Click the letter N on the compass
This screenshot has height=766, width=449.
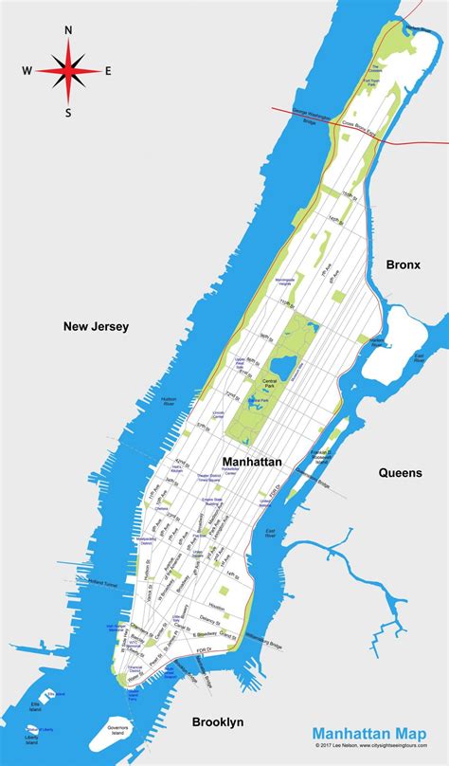pyautogui.click(x=68, y=29)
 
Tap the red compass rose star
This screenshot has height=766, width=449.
pyautogui.click(x=67, y=70)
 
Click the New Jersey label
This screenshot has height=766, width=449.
pyautogui.click(x=96, y=326)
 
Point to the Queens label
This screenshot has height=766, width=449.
pyautogui.click(x=400, y=471)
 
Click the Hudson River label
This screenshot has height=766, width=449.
pyautogui.click(x=170, y=401)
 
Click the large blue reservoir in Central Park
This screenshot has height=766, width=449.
pyautogui.click(x=281, y=365)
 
